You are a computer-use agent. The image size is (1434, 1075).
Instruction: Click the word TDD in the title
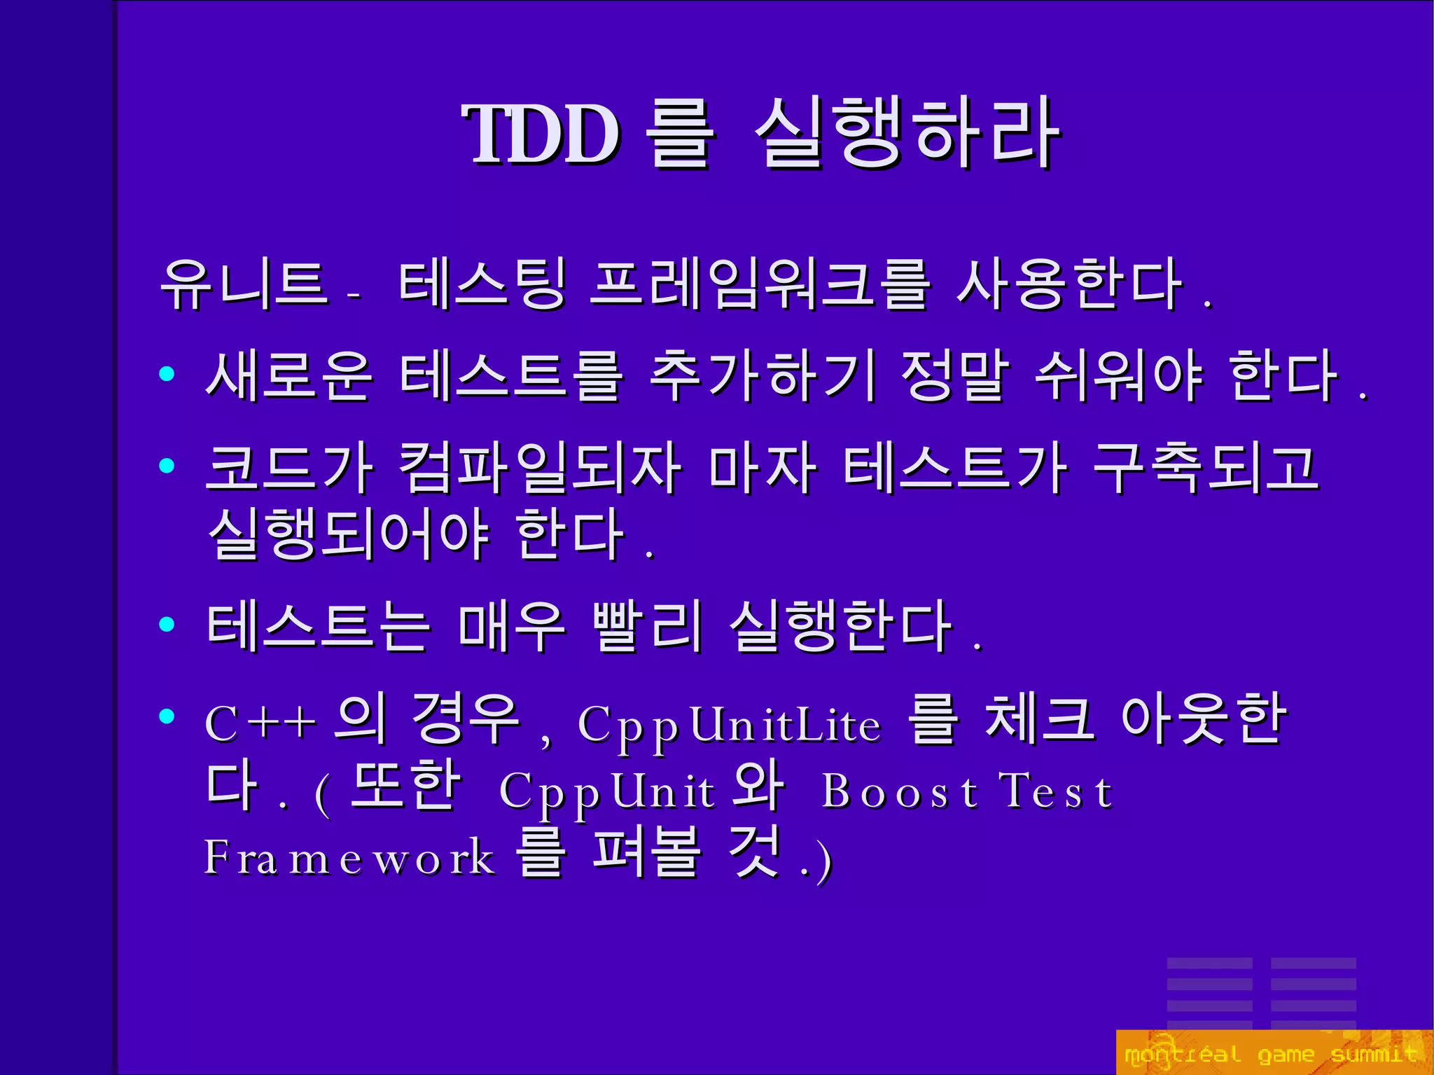click(x=541, y=134)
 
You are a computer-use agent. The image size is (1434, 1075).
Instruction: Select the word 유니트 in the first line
click(x=244, y=284)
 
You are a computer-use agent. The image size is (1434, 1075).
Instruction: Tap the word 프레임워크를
click(x=759, y=284)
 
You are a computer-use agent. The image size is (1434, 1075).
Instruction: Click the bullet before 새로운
click(x=167, y=374)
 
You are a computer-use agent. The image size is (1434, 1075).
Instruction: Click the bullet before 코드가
click(x=167, y=465)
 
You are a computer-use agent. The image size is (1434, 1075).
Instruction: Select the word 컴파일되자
click(x=539, y=467)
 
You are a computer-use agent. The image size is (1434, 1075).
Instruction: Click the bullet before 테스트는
click(x=167, y=623)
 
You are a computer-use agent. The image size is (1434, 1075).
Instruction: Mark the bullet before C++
click(x=167, y=716)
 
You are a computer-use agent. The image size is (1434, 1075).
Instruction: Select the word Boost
click(x=900, y=791)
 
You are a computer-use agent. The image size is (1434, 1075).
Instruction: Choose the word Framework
click(x=349, y=857)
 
